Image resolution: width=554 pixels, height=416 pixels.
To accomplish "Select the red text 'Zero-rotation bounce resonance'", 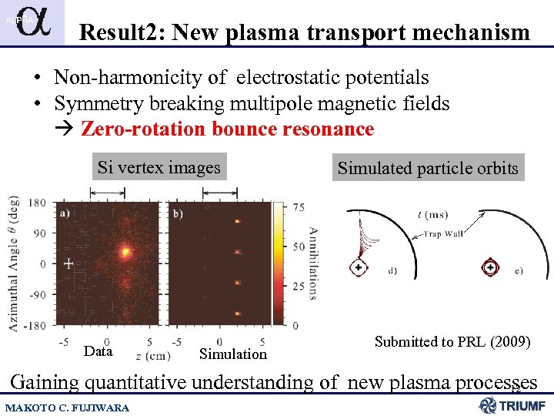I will click(227, 129).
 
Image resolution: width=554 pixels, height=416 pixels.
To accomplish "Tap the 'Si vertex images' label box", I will click(159, 167).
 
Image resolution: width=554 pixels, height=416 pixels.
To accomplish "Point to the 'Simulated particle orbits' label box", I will click(428, 168).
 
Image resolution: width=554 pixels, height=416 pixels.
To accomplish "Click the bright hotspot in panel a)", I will click(125, 250).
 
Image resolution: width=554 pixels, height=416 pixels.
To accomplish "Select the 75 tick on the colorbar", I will click(299, 207).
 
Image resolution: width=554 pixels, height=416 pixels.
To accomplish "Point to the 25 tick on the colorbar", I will click(299, 286).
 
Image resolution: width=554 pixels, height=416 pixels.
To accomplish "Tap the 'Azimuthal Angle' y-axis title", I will click(15, 262).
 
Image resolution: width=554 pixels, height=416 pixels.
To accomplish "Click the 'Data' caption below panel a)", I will click(98, 351).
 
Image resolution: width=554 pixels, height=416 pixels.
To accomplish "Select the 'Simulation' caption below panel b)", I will click(232, 354).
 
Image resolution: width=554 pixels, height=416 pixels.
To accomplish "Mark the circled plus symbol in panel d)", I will click(358, 267).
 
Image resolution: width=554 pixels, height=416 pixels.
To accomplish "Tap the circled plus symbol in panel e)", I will click(489, 267).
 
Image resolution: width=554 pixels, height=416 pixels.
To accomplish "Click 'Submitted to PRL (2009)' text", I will click(452, 341).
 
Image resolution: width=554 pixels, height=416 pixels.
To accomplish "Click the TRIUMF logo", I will click(512, 405).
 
